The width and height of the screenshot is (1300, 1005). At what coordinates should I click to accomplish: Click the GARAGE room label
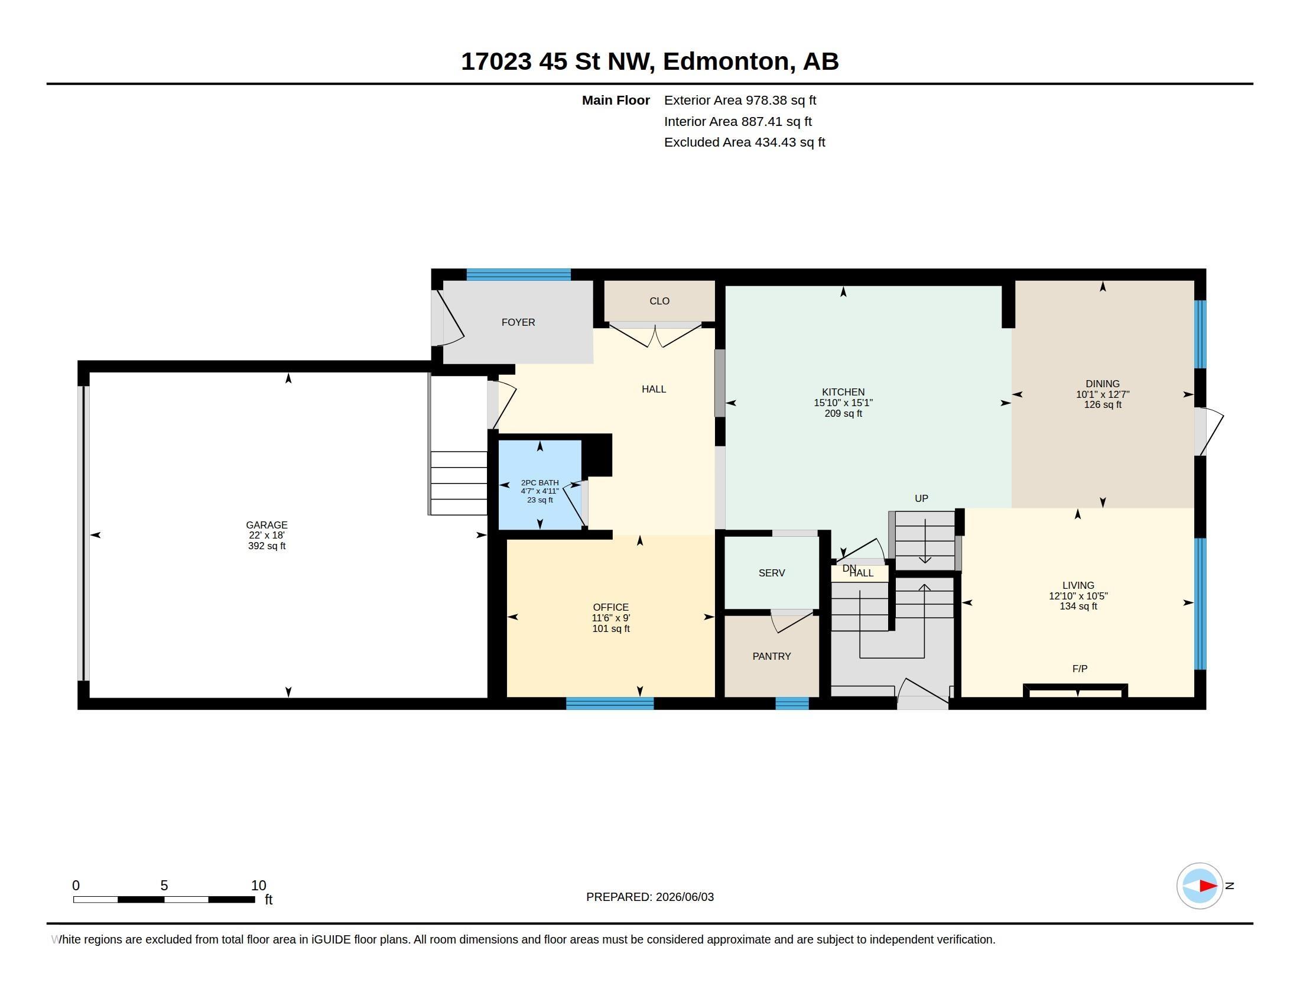pyautogui.click(x=266, y=525)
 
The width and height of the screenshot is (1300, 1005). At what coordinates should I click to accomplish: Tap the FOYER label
pyautogui.click(x=518, y=322)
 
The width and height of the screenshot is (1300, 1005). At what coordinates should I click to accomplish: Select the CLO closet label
pyautogui.click(x=659, y=301)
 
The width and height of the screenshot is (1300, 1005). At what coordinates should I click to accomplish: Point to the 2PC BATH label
pyautogui.click(x=540, y=483)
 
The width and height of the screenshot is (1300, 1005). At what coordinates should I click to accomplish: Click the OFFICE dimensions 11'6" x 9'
pyautogui.click(x=611, y=618)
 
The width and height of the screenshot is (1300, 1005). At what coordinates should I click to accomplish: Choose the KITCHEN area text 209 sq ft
pyautogui.click(x=843, y=413)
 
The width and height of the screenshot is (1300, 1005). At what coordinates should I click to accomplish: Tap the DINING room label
pyautogui.click(x=1103, y=384)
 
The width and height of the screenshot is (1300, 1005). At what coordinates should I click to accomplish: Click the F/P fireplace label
pyautogui.click(x=1080, y=669)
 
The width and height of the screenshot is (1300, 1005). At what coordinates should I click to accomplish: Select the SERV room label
pyautogui.click(x=771, y=573)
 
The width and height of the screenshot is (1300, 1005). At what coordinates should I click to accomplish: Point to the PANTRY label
pyautogui.click(x=771, y=656)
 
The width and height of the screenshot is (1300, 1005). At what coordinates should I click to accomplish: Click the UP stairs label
pyautogui.click(x=921, y=498)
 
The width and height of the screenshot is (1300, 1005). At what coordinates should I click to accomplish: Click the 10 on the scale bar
pyautogui.click(x=258, y=886)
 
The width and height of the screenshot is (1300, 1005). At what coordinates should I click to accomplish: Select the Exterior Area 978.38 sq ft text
pyautogui.click(x=740, y=100)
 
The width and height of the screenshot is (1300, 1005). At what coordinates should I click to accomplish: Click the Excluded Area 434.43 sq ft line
pyautogui.click(x=745, y=142)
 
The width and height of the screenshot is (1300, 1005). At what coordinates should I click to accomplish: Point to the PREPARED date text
pyautogui.click(x=650, y=897)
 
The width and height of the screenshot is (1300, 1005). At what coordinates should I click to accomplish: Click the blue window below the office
pyautogui.click(x=610, y=703)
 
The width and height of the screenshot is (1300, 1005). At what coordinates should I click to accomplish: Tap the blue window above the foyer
pyautogui.click(x=518, y=274)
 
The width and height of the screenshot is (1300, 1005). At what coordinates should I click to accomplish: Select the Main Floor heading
pyautogui.click(x=616, y=100)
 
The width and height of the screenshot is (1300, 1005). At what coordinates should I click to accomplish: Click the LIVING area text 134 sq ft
pyautogui.click(x=1078, y=606)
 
